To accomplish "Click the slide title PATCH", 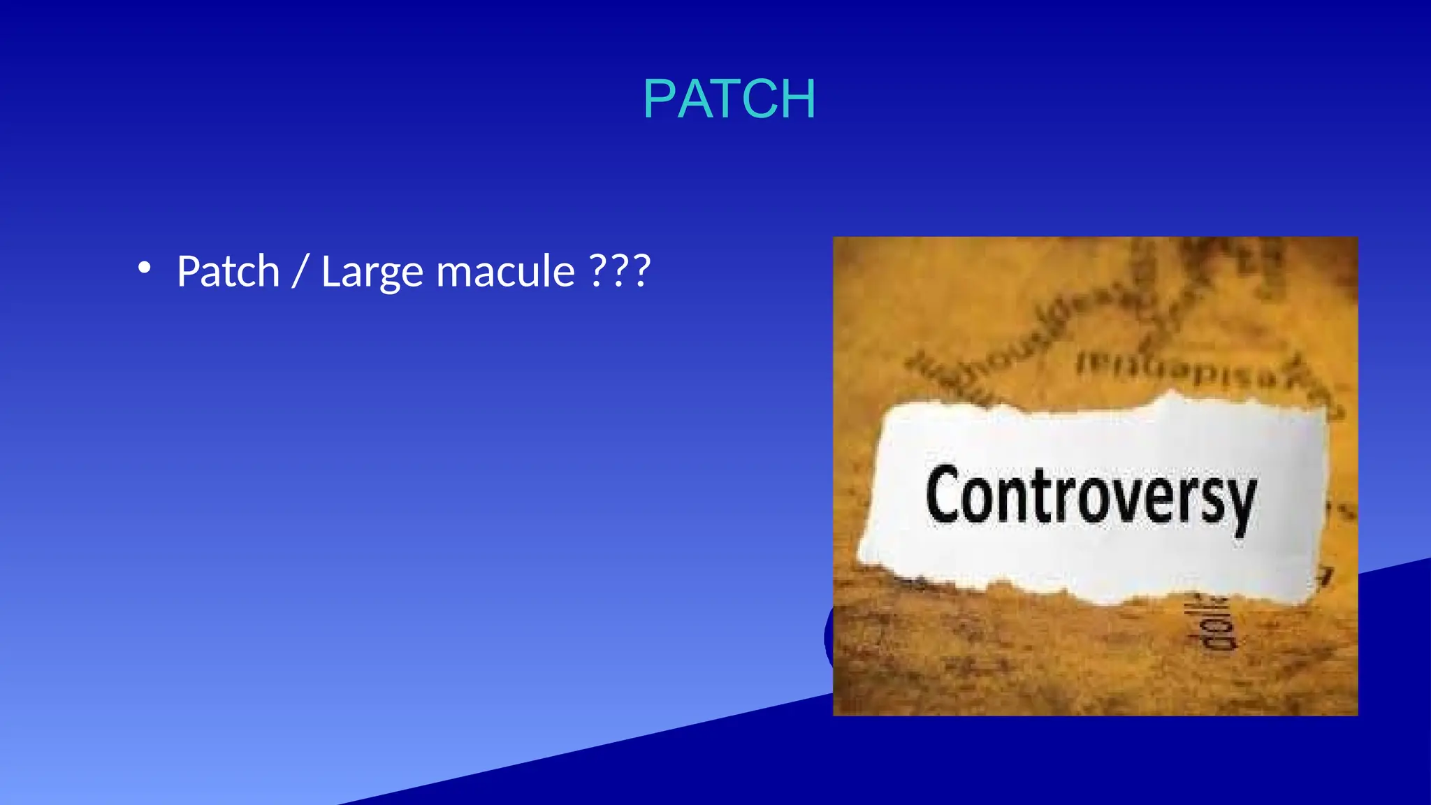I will pyautogui.click(x=729, y=99).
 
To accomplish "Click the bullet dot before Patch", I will pyautogui.click(x=144, y=268).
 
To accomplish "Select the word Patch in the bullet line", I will pyautogui.click(x=228, y=271).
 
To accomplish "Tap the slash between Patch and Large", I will pyautogui.click(x=300, y=271).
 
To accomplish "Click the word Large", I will pyautogui.click(x=372, y=273).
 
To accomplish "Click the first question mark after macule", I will pyautogui.click(x=599, y=271).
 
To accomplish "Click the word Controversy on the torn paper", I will pyautogui.click(x=1090, y=498).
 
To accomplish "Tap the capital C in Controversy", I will pyautogui.click(x=943, y=495).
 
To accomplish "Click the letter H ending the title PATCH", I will pyautogui.click(x=797, y=99).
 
